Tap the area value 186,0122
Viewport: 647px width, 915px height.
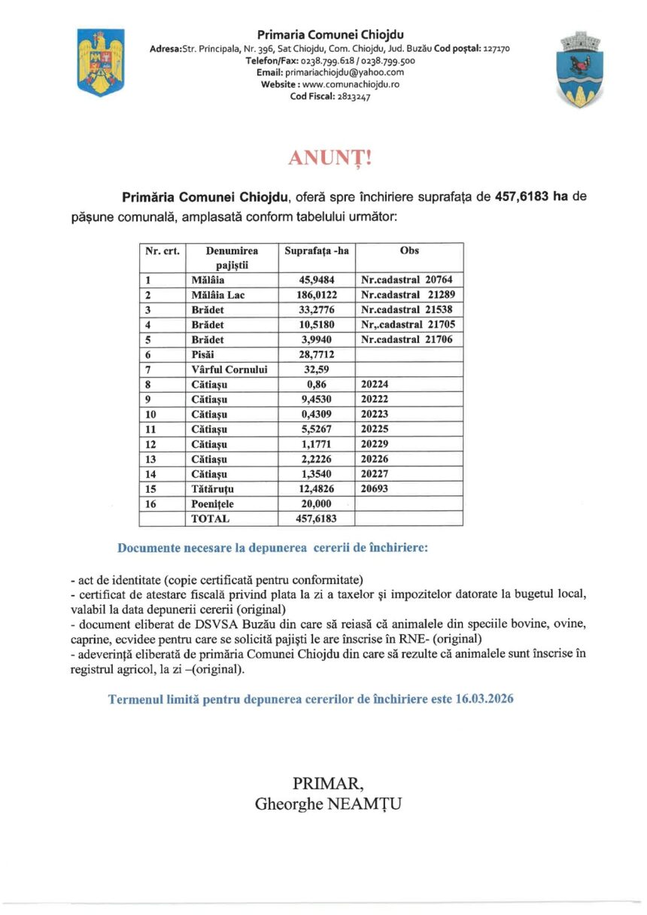[317, 295]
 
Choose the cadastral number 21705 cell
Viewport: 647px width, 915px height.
[408, 325]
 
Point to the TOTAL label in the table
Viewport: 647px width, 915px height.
[210, 519]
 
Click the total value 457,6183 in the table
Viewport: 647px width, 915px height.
[317, 519]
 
